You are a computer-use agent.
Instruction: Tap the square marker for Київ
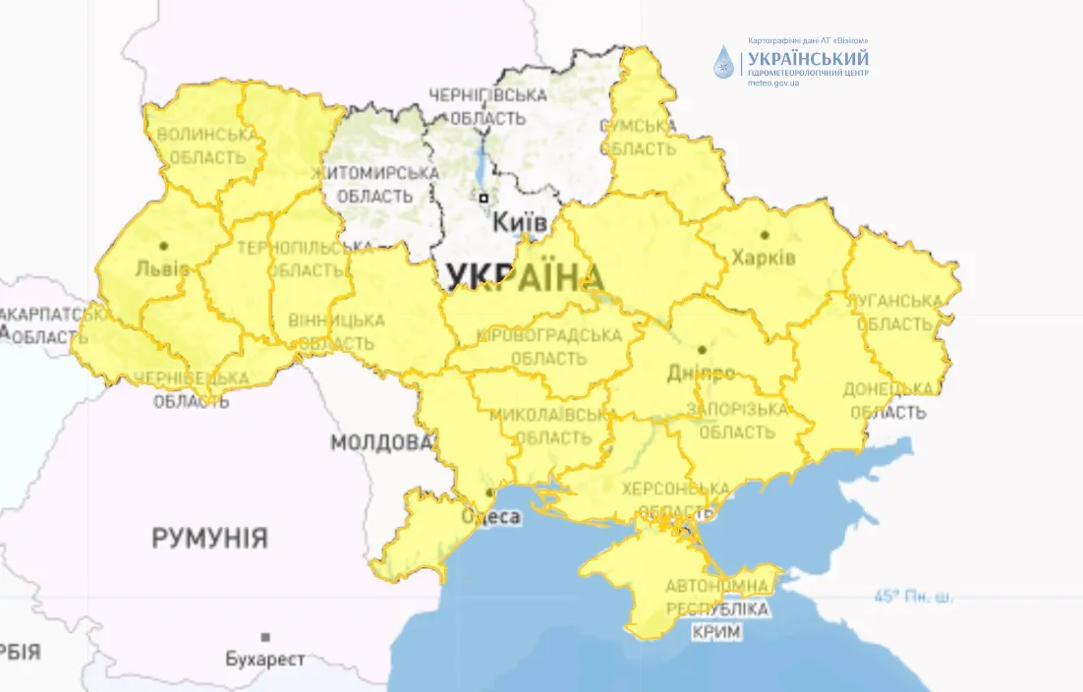tap(484, 198)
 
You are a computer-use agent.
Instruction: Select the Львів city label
tap(158, 267)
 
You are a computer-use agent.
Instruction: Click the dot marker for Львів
tap(163, 246)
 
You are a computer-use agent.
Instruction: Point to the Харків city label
tap(764, 258)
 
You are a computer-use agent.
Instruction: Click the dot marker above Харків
tap(765, 235)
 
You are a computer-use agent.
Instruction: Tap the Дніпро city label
tap(701, 374)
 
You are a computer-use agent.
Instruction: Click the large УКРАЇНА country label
tap(525, 278)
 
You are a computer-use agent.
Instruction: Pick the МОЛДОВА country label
tap(381, 442)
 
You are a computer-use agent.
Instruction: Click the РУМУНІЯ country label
tap(209, 538)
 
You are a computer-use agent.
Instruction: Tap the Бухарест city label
tap(264, 659)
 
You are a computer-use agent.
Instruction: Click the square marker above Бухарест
tap(265, 637)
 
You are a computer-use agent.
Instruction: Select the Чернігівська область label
tap(486, 107)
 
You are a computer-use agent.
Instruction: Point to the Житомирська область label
tap(374, 184)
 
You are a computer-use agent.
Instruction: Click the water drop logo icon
tap(724, 62)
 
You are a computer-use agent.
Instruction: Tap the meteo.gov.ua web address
tap(773, 83)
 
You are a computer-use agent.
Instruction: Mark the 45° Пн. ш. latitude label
tap(913, 597)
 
